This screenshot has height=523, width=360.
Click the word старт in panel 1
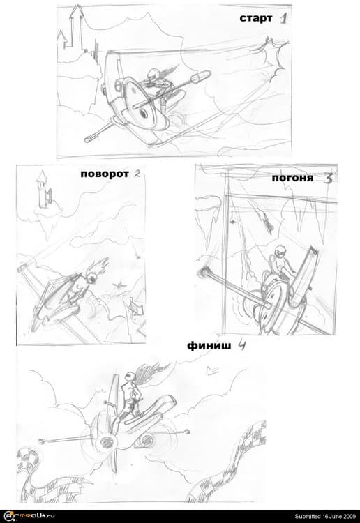[x=255, y=18]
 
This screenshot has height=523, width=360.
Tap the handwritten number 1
[x=283, y=18]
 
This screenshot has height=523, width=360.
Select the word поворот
[x=105, y=174]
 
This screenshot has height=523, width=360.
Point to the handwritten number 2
[x=137, y=174]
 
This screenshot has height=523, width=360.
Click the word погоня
[x=292, y=178]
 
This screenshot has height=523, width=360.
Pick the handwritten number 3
[x=329, y=179]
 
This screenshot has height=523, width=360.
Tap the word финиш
[x=209, y=346]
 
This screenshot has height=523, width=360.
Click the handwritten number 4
[x=241, y=344]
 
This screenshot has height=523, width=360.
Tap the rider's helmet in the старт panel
[x=153, y=74]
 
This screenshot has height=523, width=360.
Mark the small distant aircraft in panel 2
[x=119, y=285]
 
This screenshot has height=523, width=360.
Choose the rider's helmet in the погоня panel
[x=280, y=251]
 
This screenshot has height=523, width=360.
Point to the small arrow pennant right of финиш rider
[x=212, y=370]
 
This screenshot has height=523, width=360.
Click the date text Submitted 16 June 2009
[x=324, y=516]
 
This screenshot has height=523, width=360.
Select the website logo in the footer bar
[x=29, y=516]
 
